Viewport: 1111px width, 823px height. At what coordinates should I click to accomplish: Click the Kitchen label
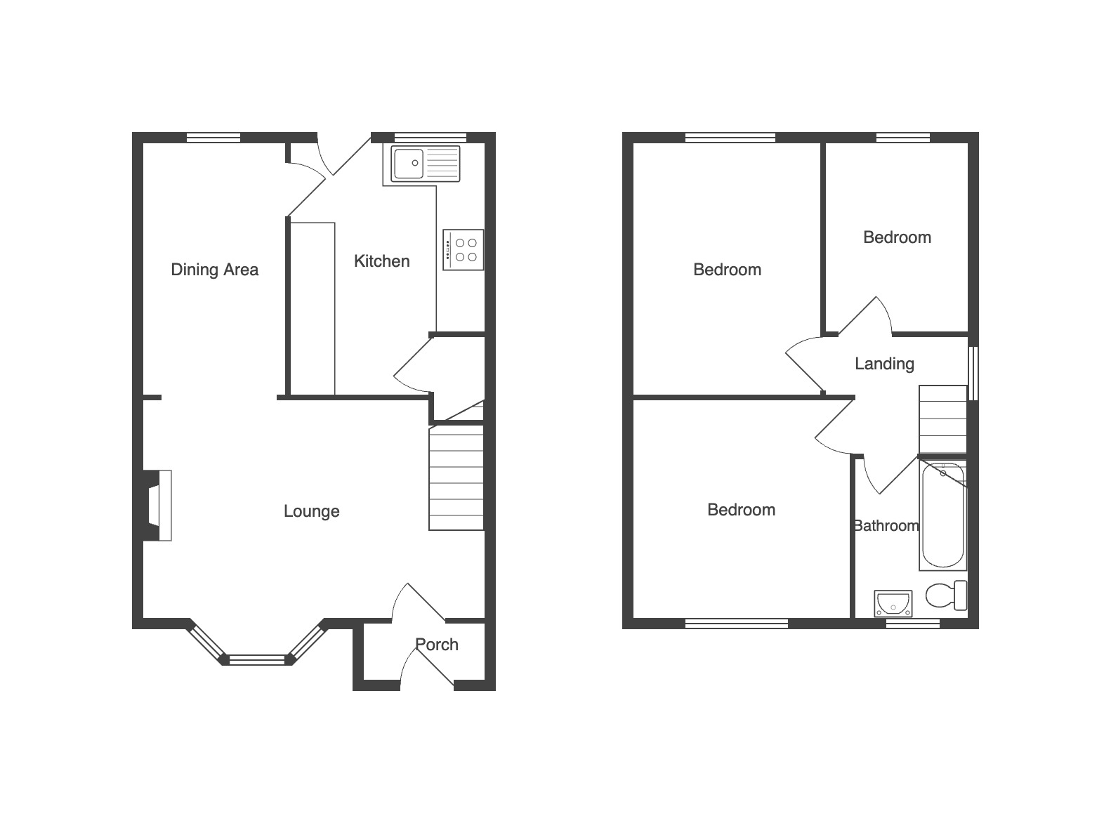click(x=382, y=261)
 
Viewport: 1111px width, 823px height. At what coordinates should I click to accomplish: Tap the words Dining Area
click(x=214, y=270)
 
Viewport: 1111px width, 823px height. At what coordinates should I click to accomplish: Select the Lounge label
click(x=312, y=511)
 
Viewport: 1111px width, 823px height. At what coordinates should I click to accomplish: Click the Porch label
click(x=437, y=644)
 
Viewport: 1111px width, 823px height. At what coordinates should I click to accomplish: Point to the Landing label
click(x=884, y=364)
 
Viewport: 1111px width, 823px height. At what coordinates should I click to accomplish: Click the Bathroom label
click(x=886, y=525)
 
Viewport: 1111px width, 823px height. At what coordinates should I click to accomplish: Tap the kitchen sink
click(x=426, y=164)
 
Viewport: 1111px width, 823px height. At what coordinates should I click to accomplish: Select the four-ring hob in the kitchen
click(x=464, y=250)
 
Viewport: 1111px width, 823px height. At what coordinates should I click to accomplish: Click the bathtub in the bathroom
click(x=942, y=515)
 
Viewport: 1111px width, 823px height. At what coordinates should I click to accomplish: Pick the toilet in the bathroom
click(x=946, y=595)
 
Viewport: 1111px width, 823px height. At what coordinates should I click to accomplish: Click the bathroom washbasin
click(x=893, y=603)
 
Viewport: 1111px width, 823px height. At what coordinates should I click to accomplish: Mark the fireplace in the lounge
click(x=157, y=506)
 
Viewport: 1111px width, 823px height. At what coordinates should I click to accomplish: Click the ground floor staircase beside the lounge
click(x=456, y=478)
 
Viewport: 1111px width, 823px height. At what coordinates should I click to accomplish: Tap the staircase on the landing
click(x=942, y=419)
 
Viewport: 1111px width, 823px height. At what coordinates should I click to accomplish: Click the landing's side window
click(x=973, y=373)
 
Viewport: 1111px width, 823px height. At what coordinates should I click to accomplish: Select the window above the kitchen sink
click(x=430, y=137)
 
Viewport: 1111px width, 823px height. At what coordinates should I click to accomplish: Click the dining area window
click(x=213, y=137)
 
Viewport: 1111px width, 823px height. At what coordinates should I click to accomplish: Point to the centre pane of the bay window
click(x=257, y=659)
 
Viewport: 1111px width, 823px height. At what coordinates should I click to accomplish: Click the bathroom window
click(x=913, y=624)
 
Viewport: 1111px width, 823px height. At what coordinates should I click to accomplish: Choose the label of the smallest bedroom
click(x=897, y=237)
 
